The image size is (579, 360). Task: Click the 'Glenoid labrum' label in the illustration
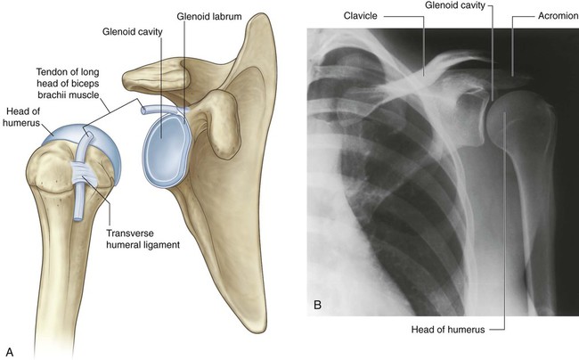[209, 17]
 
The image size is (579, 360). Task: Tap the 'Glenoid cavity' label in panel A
[132, 32]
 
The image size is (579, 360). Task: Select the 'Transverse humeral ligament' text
[143, 239]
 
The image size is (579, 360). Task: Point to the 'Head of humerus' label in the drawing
[21, 117]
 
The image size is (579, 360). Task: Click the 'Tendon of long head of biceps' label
[68, 83]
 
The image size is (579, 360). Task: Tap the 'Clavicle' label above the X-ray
[361, 16]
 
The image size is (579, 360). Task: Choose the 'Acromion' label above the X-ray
[558, 16]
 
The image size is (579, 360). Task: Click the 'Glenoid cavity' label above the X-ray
[455, 5]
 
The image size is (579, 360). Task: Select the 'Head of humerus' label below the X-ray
[448, 330]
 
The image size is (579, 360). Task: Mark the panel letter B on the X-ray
[317, 305]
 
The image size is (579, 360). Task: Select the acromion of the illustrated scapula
[155, 76]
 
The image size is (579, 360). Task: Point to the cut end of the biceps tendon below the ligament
[77, 219]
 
